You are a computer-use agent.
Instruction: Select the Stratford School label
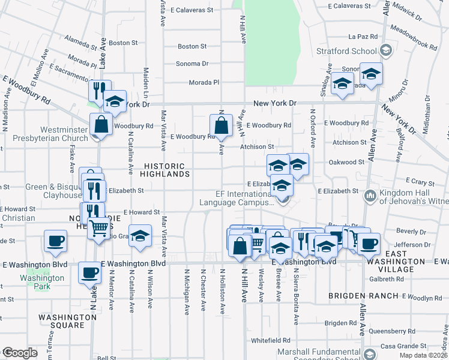pyautogui.click(x=357, y=51)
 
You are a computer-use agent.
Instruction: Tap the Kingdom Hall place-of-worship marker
pyautogui.click(x=370, y=195)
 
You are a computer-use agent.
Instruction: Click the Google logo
pyautogui.click(x=20, y=353)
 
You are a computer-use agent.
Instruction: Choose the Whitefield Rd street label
pyautogui.click(x=271, y=340)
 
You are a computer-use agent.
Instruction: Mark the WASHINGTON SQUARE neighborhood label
pyautogui.click(x=62, y=321)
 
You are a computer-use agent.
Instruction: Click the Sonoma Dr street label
pyautogui.click(x=192, y=64)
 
